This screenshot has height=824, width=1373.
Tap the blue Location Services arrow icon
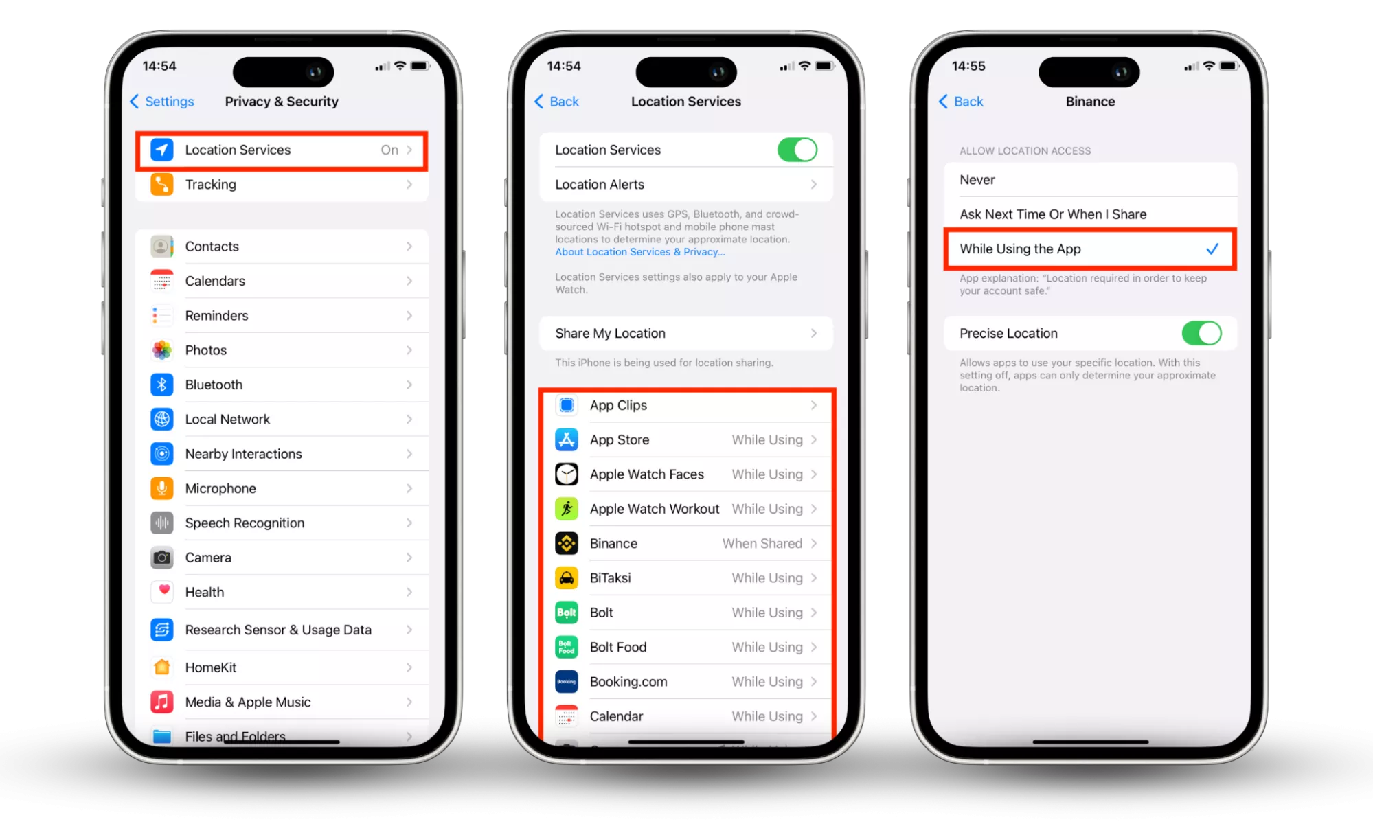point(162,150)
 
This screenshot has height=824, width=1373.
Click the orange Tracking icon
point(162,184)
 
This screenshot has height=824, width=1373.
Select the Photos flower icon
point(162,350)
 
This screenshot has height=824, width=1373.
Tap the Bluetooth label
point(214,385)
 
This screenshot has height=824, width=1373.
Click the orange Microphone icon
point(162,488)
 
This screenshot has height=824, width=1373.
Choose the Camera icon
point(162,558)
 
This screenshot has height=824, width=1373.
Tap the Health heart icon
point(162,592)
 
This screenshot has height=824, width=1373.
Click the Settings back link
point(162,102)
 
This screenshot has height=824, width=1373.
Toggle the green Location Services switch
point(797,150)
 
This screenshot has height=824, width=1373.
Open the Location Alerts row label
point(600,184)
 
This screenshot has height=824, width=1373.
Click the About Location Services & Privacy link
point(640,252)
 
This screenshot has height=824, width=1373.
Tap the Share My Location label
point(610,333)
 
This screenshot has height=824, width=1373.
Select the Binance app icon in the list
point(567,543)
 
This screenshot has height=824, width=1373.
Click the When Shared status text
point(762,543)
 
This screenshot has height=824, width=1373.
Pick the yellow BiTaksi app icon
point(567,578)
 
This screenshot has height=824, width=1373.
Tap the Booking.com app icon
point(567,682)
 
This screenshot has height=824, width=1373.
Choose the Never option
point(977,180)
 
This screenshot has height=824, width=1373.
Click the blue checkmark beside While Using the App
point(1212,249)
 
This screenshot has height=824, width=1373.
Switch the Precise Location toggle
point(1201,333)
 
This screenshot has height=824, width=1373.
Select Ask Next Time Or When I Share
point(1053,214)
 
